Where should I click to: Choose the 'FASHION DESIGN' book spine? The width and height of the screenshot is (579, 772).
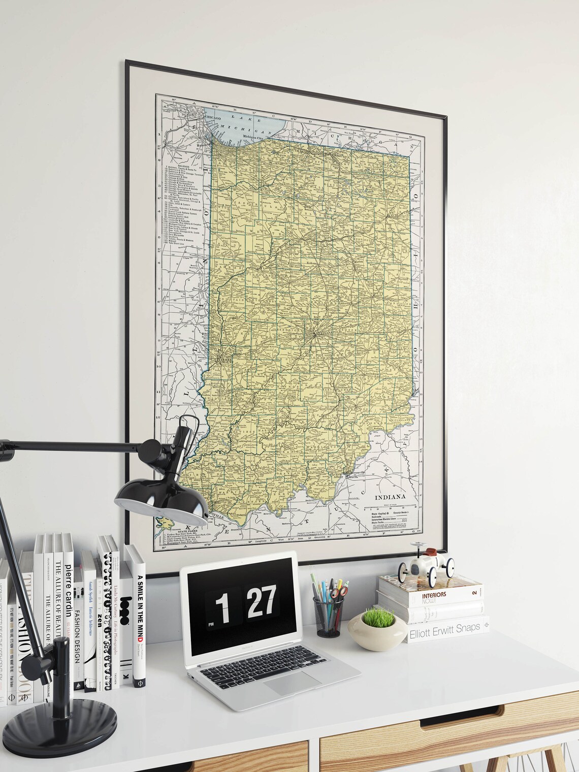tap(78, 635)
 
